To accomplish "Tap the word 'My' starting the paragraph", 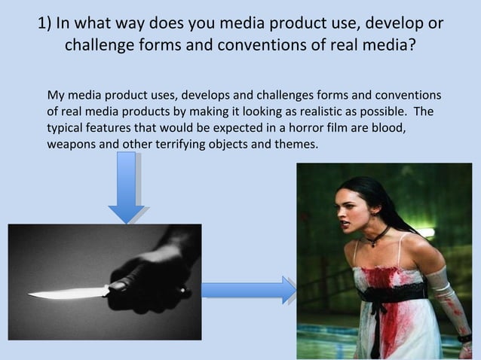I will coord(56,96).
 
